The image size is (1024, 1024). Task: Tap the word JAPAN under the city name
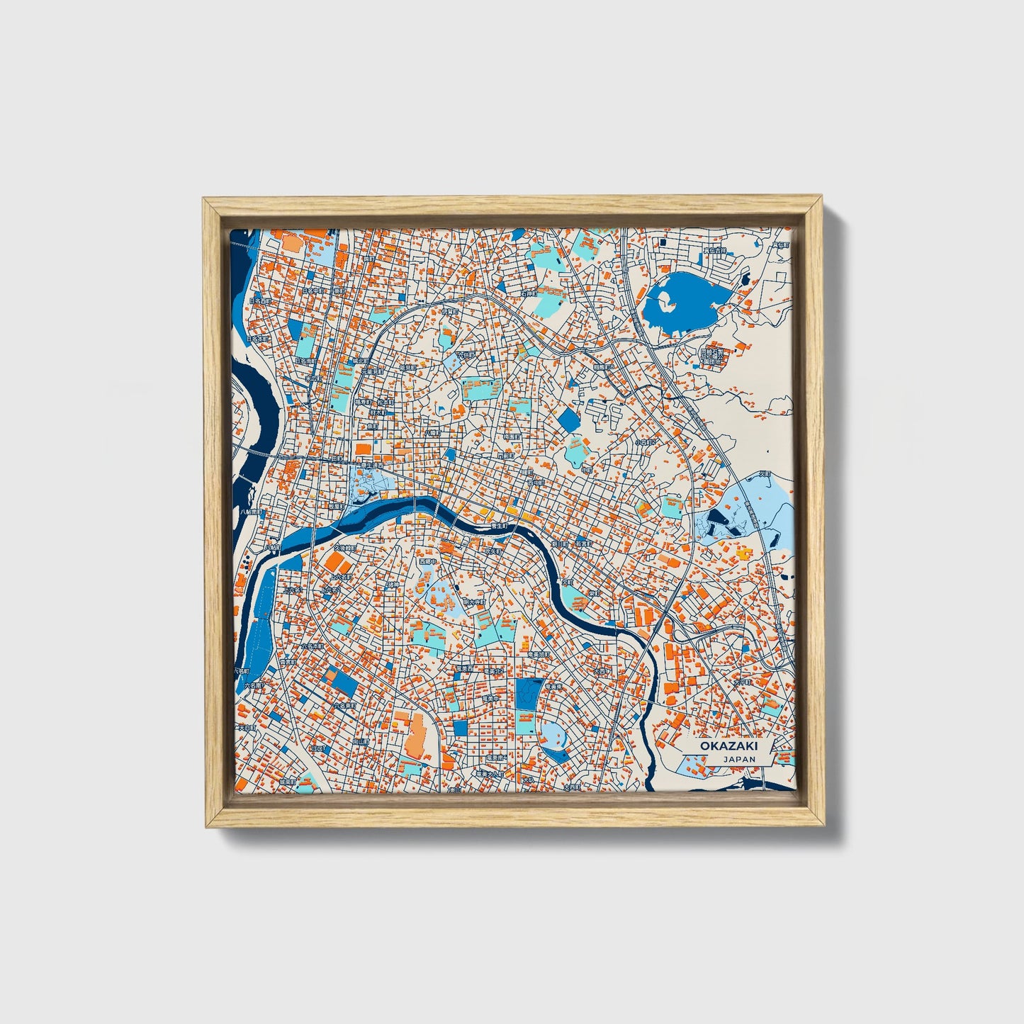[739, 759]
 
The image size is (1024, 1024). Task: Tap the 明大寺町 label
[474, 602]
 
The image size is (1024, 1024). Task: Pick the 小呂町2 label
[647, 442]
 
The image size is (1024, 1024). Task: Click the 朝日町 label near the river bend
[560, 544]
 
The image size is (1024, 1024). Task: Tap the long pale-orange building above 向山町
[415, 733]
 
